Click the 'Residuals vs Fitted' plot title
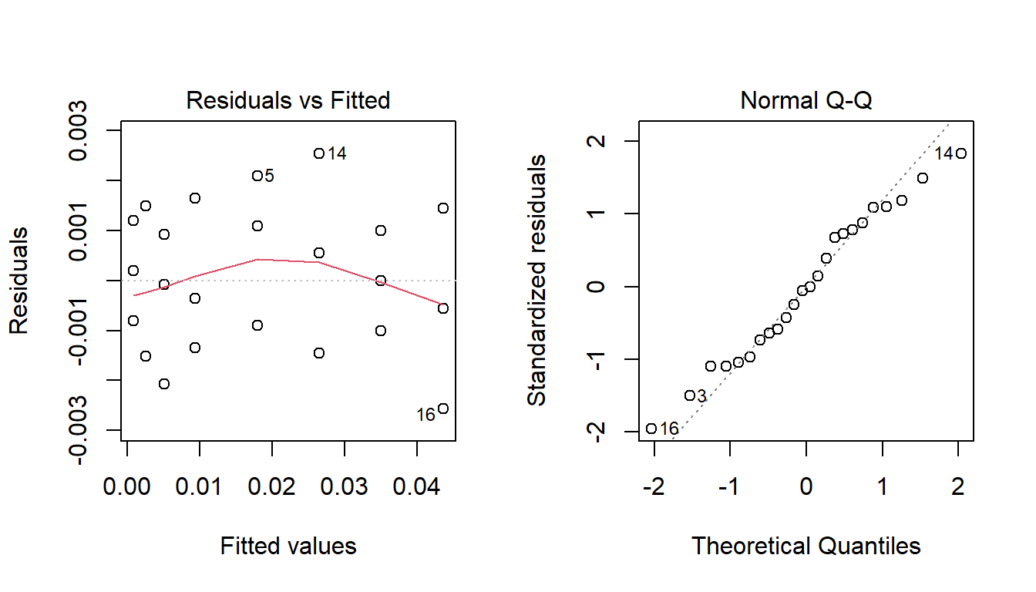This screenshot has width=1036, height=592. pyautogui.click(x=288, y=101)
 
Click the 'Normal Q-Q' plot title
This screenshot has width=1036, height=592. pyautogui.click(x=806, y=101)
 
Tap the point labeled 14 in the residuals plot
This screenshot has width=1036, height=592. pyautogui.click(x=318, y=153)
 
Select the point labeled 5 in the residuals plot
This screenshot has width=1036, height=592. pyautogui.click(x=257, y=176)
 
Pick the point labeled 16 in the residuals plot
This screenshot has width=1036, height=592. pyautogui.click(x=442, y=409)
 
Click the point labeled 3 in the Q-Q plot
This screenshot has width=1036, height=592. pyautogui.click(x=690, y=395)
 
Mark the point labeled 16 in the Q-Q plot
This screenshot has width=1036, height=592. pyautogui.click(x=651, y=429)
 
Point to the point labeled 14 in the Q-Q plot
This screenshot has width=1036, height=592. pyautogui.click(x=960, y=153)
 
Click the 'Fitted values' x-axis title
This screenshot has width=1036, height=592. pyautogui.click(x=288, y=547)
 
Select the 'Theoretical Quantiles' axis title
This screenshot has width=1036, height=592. pyautogui.click(x=806, y=547)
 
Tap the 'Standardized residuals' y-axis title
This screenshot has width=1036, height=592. pyautogui.click(x=536, y=280)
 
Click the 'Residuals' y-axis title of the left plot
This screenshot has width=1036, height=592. pyautogui.click(x=18, y=280)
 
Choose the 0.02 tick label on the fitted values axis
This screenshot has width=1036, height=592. pyautogui.click(x=272, y=488)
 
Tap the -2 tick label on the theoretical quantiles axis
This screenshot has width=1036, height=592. pyautogui.click(x=654, y=488)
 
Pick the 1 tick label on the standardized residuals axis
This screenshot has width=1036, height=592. pyautogui.click(x=598, y=214)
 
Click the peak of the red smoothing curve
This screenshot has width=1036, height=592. pyautogui.click(x=257, y=260)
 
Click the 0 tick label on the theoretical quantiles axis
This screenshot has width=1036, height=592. pyautogui.click(x=806, y=488)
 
